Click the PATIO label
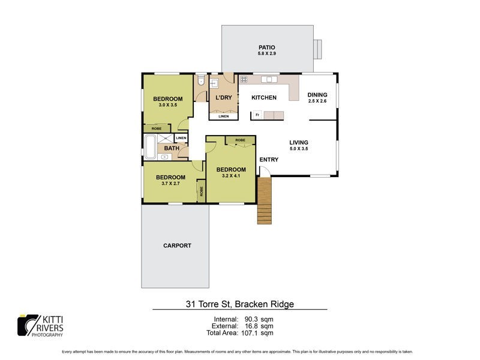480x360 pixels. pos(267,46)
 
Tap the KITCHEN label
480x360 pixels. pos(263,98)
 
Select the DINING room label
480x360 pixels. pos(317,95)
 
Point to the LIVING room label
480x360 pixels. pos(298,142)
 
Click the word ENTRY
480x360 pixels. pos(269,160)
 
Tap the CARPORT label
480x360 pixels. pos(177,245)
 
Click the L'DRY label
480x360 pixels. pos(223,98)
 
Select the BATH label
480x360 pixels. pos(172,148)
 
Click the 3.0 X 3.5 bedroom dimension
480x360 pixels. pos(167,106)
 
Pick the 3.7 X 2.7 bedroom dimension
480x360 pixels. pos(170,184)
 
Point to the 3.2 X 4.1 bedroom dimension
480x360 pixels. pos(231,176)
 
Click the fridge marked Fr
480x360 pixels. pos(257,115)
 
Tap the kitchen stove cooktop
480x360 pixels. pos(244,79)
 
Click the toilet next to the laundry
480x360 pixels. pos(201,80)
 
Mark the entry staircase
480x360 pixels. pos(265,201)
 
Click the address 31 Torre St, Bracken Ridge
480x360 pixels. pos(239,304)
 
